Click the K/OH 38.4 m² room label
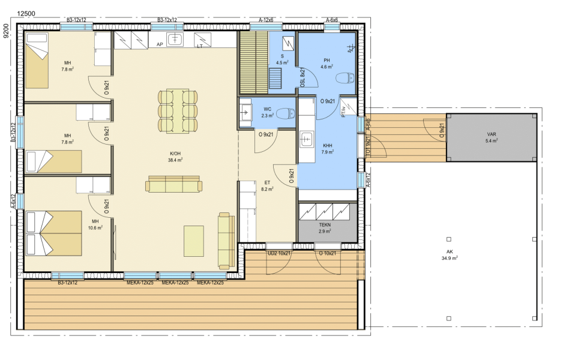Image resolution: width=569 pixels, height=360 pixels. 175,157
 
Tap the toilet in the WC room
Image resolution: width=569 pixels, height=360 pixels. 286,114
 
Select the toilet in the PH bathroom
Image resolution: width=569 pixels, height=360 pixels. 345,78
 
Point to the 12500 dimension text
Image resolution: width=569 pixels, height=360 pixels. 26,14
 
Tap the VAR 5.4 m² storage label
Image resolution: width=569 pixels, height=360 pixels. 492,137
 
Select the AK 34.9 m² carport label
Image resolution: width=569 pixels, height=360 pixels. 450,255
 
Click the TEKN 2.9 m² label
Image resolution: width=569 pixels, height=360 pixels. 325,228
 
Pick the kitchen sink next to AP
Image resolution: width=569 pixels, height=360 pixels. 175,39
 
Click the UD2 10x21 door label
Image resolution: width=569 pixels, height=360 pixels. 279,253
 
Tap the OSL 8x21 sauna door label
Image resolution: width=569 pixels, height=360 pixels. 303,77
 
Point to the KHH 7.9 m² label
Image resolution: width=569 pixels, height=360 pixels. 327,149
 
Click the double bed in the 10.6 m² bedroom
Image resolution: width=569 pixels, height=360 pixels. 53,233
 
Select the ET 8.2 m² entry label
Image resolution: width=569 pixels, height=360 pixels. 267,186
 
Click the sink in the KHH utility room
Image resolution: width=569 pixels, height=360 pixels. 306,139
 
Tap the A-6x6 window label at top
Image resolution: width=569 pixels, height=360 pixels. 332,20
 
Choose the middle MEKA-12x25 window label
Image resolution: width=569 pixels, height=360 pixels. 175,283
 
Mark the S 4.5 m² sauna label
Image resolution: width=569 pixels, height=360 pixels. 282,59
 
